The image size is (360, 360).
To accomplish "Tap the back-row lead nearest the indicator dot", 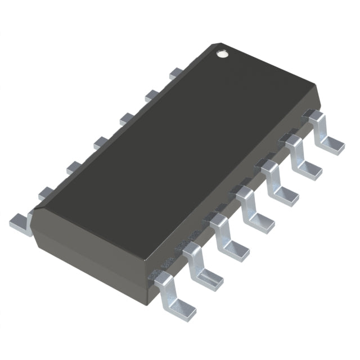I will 176,73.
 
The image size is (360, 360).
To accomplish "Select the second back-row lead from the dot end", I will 151,95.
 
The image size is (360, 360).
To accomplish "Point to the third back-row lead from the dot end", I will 126,118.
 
